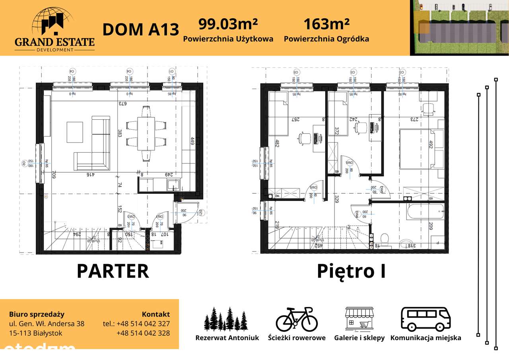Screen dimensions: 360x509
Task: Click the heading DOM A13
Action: (141, 30)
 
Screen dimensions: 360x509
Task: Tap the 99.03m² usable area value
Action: (228, 24)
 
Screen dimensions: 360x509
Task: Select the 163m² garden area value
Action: (326, 24)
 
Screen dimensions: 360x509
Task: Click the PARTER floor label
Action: (113, 271)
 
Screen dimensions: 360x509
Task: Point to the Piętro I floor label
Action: (351, 271)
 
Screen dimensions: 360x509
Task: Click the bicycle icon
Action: (297, 319)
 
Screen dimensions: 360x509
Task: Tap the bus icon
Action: (425, 319)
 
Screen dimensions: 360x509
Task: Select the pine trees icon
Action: (226, 319)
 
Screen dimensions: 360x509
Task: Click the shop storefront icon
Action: (359, 319)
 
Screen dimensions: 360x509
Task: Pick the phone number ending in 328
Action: (143, 333)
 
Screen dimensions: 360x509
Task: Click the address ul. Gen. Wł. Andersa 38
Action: (47, 324)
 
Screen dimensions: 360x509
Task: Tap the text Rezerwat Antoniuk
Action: (227, 338)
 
